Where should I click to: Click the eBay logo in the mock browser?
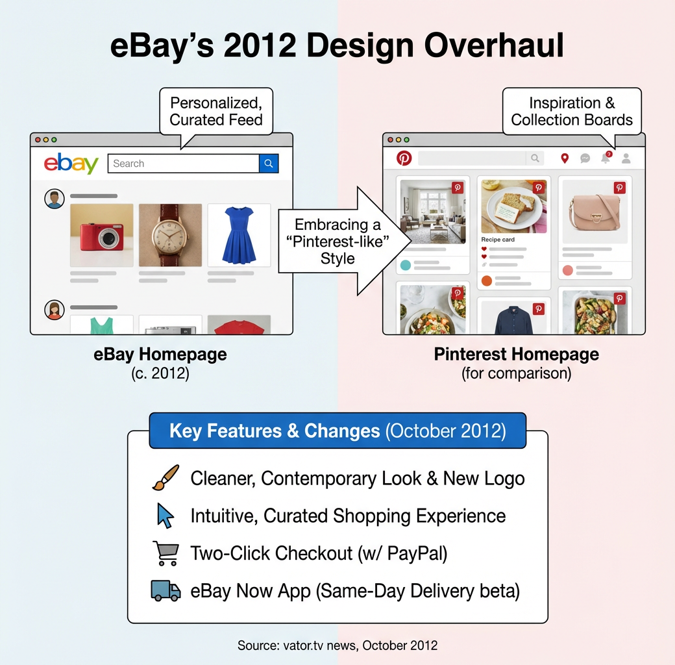coord(71,164)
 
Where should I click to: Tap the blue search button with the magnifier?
coord(269,164)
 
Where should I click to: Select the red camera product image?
coord(101,235)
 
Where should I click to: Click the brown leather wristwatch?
coord(170,235)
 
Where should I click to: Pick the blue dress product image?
coord(239,235)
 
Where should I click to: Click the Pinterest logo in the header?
coord(404,158)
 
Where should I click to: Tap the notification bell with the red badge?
coord(606,158)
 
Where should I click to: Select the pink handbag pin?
coord(595,211)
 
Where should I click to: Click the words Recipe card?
coord(498,240)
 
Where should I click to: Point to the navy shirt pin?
coord(513,318)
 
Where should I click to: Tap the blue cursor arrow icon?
coord(166,516)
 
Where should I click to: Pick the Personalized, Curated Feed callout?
coord(216,112)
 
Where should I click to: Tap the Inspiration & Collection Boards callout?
coord(571,112)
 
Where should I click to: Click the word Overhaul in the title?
coord(494,47)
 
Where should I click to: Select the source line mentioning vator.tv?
coord(337,646)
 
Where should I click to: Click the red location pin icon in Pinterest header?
coord(565,158)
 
